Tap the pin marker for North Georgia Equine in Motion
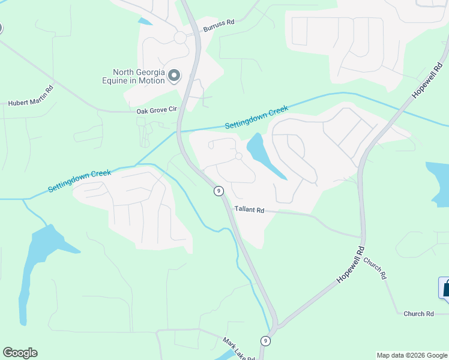(174, 76)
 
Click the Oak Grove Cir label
(157, 110)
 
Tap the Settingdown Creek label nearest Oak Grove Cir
(256, 118)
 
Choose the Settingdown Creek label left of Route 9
(79, 180)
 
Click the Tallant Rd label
(250, 210)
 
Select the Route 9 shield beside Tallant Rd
(218, 191)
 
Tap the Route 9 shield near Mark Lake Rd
(265, 340)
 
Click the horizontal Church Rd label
(418, 314)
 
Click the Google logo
(20, 353)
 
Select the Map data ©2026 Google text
(412, 355)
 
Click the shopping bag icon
(446, 287)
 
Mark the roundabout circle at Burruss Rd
(179, 37)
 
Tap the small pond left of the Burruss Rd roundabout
(145, 22)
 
